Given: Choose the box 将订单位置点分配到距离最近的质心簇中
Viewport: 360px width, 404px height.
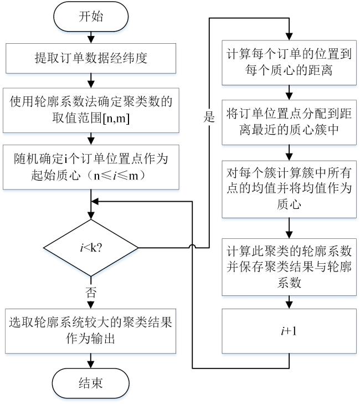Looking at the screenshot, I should coord(290,122).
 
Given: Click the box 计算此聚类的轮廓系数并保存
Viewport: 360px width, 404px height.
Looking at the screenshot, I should coord(290,260).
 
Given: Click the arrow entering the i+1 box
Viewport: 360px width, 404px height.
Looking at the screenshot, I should coord(290,303).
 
